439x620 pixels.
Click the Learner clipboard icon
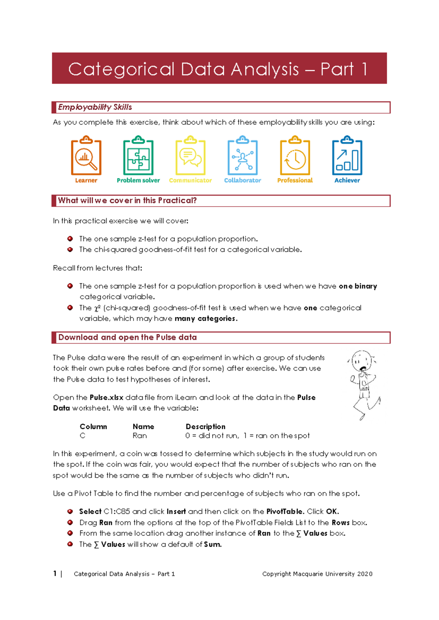point(86,156)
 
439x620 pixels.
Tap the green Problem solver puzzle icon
point(138,156)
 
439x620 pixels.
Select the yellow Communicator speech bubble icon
point(190,156)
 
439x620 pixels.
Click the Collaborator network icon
point(243,156)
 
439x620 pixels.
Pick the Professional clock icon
point(295,156)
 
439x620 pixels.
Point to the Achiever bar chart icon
point(347,156)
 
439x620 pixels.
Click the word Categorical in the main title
point(121,69)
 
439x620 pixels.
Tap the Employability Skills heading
point(95,107)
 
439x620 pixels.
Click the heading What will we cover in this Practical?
point(127,200)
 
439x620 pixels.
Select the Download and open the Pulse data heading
point(127,337)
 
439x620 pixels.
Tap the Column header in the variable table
point(93,427)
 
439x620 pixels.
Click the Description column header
point(206,427)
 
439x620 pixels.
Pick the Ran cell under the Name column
point(140,436)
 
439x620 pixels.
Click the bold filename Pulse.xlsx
point(106,397)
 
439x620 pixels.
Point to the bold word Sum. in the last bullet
point(213,544)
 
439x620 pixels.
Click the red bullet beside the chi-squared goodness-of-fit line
point(70,250)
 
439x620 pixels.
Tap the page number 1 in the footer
point(55,574)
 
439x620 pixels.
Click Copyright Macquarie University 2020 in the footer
point(317,574)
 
